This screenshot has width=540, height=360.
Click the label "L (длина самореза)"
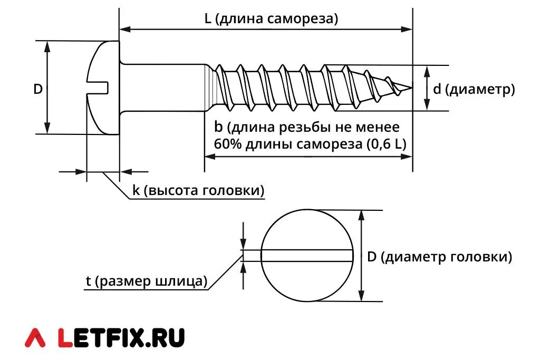[x=271, y=19]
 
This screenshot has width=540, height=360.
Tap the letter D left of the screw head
[x=38, y=89]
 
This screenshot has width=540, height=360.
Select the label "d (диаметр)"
[x=474, y=89]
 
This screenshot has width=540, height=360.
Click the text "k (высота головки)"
[x=198, y=190]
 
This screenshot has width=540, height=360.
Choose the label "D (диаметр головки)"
[x=439, y=257]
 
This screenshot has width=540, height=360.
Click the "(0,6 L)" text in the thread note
[x=387, y=144]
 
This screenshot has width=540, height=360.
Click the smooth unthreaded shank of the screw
[x=163, y=88]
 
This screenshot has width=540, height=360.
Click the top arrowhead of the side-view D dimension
[x=47, y=46]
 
